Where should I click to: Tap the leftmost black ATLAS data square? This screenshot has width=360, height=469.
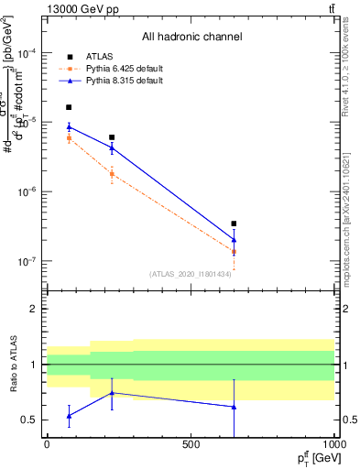click(x=69, y=107)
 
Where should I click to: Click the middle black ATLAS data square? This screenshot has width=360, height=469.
click(x=112, y=137)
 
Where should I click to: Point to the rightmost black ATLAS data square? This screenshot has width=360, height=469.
click(x=234, y=224)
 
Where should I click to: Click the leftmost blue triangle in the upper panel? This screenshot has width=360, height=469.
click(x=69, y=127)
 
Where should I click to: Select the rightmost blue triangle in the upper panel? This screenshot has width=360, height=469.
click(x=234, y=240)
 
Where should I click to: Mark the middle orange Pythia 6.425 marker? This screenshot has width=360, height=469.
click(x=112, y=173)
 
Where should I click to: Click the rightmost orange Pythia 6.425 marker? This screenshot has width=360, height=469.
click(x=234, y=252)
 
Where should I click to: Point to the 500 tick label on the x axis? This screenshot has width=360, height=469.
click(x=191, y=444)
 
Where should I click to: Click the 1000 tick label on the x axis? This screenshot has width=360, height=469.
click(x=333, y=444)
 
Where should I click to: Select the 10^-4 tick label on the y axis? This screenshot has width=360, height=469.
click(x=26, y=53)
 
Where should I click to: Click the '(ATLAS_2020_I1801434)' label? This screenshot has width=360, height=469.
click(x=190, y=274)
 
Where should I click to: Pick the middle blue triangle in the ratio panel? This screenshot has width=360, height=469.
click(x=112, y=393)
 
